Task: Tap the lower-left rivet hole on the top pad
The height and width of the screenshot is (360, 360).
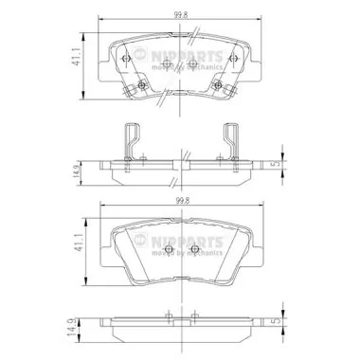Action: coord(141,86)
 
